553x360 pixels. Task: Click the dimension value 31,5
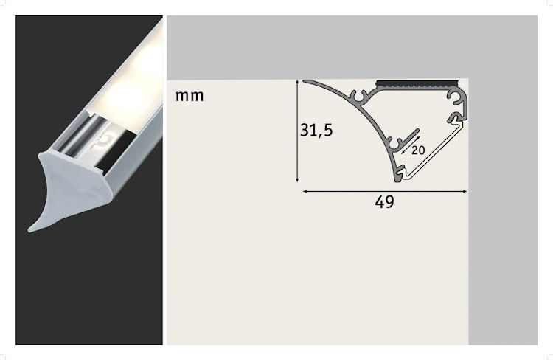[316, 131]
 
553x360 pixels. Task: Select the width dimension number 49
[383, 202]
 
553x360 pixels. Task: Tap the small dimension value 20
[419, 150]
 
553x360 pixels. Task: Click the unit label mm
[190, 96]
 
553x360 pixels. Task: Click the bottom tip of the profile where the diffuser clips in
[399, 176]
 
